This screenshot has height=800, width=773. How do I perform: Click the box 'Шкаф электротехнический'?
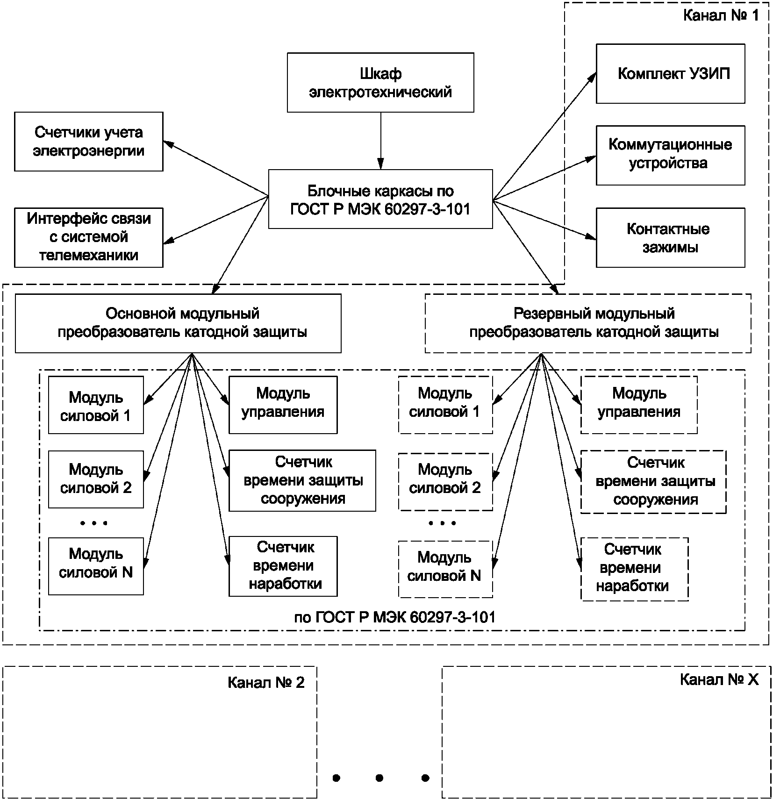click(x=380, y=82)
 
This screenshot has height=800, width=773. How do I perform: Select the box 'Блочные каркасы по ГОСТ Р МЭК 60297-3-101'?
click(x=380, y=199)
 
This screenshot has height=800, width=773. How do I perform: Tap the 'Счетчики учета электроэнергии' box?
click(x=89, y=142)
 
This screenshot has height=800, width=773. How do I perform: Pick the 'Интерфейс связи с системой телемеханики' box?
click(x=89, y=237)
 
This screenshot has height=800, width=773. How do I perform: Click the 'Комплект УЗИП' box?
click(x=671, y=74)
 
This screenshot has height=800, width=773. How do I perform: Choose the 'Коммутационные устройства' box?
click(x=671, y=155)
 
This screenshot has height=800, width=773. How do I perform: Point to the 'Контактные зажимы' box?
click(x=671, y=238)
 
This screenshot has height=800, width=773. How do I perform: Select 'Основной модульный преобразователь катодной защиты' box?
click(x=178, y=323)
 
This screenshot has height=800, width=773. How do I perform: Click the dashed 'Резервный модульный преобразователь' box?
click(x=588, y=323)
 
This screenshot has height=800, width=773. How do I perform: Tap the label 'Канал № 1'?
click(x=721, y=15)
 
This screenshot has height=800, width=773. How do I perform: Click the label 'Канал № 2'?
click(x=266, y=683)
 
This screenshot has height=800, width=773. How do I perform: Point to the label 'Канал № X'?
click(x=719, y=679)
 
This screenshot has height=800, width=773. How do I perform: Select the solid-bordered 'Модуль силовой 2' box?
click(x=96, y=479)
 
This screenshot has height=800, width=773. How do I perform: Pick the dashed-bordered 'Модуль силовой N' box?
click(x=445, y=569)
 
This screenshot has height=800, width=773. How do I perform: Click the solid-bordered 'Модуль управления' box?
click(x=283, y=405)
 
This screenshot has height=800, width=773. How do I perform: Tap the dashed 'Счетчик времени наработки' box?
click(x=635, y=569)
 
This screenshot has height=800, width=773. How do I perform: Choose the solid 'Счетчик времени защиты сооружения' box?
click(x=302, y=480)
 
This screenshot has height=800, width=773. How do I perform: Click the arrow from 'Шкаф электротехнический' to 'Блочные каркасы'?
click(x=381, y=141)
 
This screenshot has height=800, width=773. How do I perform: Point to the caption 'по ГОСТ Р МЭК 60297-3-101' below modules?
click(x=395, y=617)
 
